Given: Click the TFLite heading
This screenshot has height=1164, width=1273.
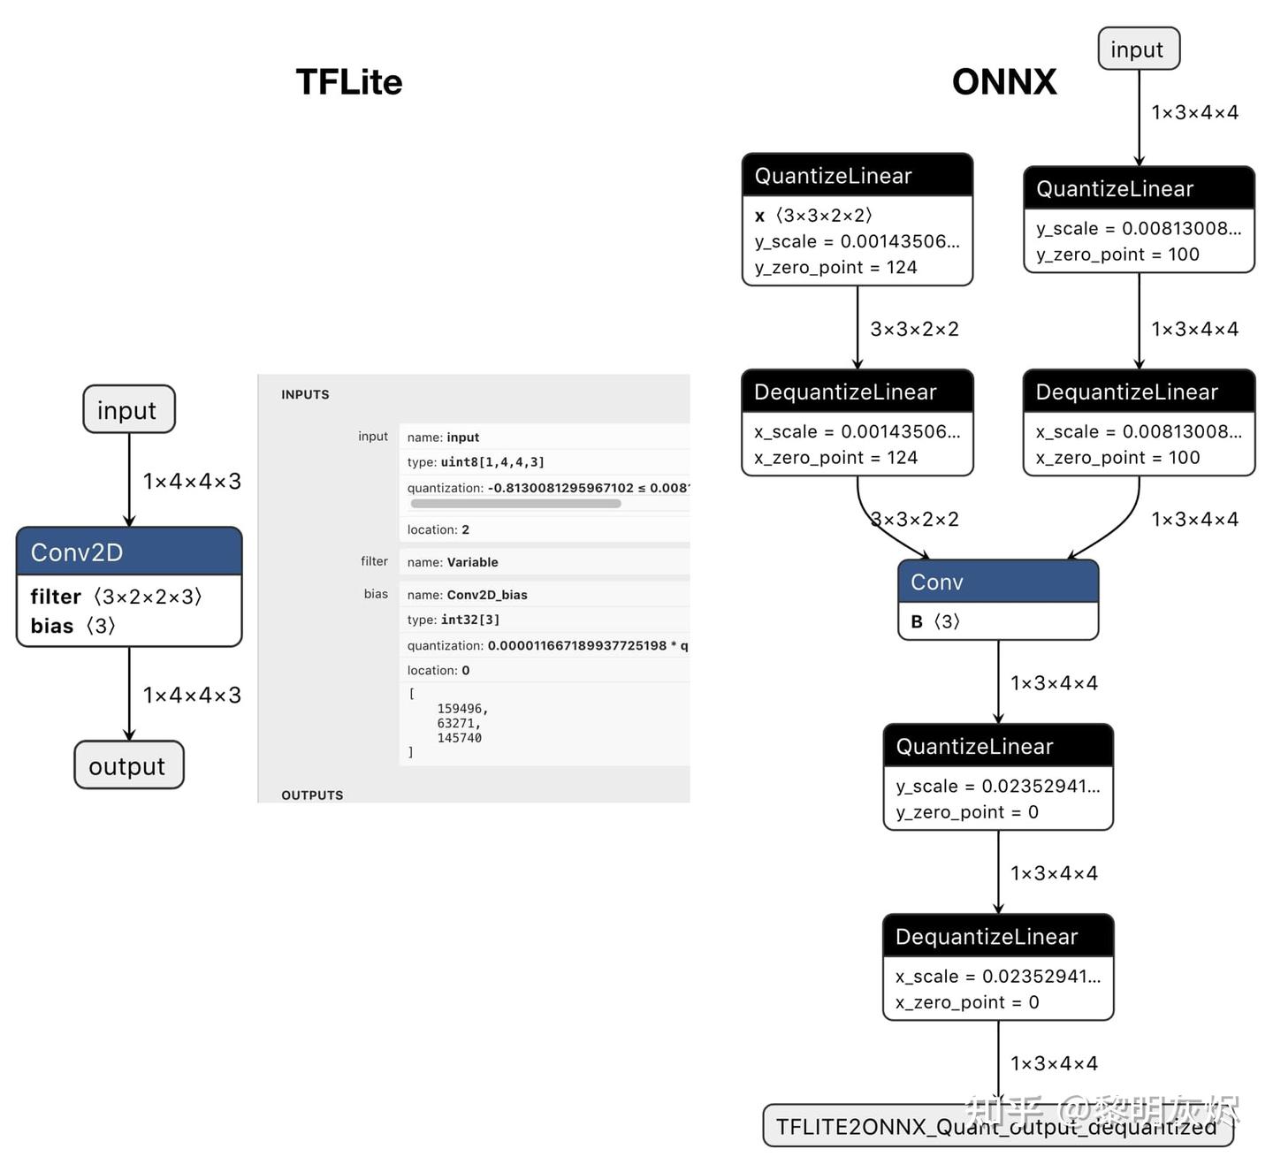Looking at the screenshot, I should coord(348,82).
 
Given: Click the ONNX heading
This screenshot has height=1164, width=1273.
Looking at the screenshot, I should coord(1003,82).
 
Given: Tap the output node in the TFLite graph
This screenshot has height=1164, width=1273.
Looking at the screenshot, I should coord(128,765).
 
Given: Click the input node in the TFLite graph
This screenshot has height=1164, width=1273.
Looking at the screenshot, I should coord(128,410).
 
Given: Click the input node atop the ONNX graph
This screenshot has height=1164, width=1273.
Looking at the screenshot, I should coord(1138,49).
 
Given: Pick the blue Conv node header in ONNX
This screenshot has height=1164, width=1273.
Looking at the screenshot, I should coord(997,582).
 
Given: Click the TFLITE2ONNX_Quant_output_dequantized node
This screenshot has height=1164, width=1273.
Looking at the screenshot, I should coord(997,1126).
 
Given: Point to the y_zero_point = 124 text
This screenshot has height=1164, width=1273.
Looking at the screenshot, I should coord(835,268).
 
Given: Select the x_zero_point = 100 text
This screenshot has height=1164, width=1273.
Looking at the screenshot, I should coord(1117,458).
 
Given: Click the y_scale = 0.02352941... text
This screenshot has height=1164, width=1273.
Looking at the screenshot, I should coord(997,787).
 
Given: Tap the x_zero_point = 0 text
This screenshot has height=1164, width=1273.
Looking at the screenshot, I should coord(967,1002).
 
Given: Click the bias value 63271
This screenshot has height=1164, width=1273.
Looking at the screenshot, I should coord(458,724).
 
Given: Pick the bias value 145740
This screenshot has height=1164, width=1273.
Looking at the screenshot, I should coord(459,738).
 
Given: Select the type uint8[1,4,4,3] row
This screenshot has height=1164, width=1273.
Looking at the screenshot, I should coord(476,462).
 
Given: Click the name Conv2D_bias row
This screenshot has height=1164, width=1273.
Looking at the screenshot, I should coord(468,595).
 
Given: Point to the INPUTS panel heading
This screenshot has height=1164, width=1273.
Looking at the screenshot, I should coord(305,395).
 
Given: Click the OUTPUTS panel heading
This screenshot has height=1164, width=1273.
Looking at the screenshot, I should coord(312,795).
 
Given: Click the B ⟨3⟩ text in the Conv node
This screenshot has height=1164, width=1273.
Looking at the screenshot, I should coord(935,622).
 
